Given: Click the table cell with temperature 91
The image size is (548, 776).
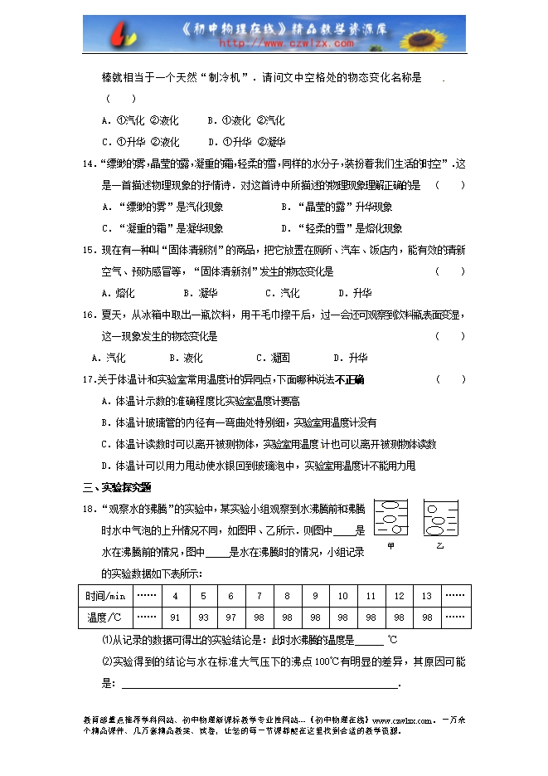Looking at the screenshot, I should point(175,617).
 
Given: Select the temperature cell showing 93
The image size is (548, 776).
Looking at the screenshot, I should point(203,617).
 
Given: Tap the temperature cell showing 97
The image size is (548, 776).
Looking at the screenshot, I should point(231,617).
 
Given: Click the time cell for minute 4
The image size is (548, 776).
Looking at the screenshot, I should point(175,596).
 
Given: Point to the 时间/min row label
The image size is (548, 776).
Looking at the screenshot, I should point(105,596).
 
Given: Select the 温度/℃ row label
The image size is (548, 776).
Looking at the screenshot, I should point(105,617).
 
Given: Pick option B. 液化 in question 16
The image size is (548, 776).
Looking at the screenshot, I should point(186,358).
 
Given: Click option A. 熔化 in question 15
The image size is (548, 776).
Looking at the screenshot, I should point(118,293).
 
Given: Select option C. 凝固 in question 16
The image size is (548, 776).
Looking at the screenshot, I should point(273,358).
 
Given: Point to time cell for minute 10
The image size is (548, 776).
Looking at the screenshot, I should point(343,596).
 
